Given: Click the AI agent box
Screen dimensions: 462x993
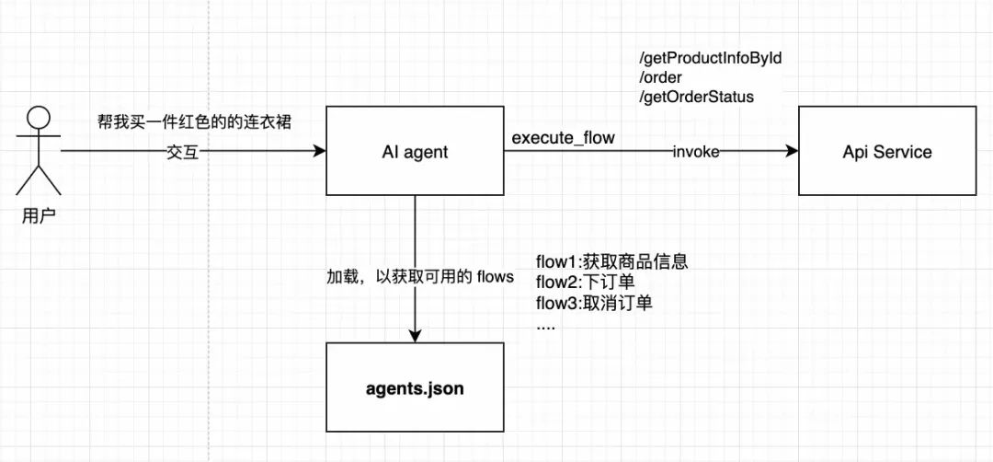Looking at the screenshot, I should (415, 151).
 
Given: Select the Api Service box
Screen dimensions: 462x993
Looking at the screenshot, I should (886, 151).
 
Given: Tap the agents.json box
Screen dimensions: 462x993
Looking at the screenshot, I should (415, 388).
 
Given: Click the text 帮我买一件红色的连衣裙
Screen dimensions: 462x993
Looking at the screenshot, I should (195, 121).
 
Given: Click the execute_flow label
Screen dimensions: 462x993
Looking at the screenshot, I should (564, 138).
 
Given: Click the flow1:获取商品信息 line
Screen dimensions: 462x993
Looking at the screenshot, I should (611, 262).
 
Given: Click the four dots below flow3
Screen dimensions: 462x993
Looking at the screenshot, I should (545, 324).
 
